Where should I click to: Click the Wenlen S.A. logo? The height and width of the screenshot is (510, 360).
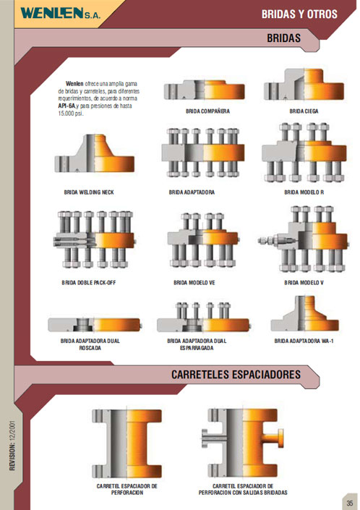pos(61,13)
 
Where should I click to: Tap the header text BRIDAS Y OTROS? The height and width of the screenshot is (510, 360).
pos(299,14)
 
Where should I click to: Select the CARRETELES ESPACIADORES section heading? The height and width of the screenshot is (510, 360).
pos(236,375)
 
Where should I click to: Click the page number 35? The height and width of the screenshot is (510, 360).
pos(350,503)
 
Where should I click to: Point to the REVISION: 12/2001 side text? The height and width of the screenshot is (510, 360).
pos(12,446)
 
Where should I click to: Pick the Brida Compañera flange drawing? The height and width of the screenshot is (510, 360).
pos(204,90)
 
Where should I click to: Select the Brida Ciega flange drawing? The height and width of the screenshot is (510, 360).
pos(304,85)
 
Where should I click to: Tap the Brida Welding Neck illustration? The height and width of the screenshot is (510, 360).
pos(94,153)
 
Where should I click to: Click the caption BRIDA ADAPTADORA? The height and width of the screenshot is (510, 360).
pos(192,192)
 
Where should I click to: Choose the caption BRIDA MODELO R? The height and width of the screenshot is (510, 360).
pos(304,192)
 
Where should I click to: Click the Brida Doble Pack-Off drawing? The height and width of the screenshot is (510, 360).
pos(94,239)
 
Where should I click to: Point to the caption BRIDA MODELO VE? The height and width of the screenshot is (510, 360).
pos(194,283)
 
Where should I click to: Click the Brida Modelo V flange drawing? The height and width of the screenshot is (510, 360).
pos(303,239)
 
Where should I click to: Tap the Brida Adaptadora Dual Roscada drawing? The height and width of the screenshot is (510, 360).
pos(94,325)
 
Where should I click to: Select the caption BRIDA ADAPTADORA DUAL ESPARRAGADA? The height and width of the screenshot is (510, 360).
pos(197,344)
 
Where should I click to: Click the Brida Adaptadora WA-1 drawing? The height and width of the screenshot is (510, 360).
pos(305,313)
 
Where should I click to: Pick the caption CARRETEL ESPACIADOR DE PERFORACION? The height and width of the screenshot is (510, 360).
pos(127,489)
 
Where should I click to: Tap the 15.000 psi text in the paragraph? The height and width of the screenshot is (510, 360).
pos(71,114)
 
